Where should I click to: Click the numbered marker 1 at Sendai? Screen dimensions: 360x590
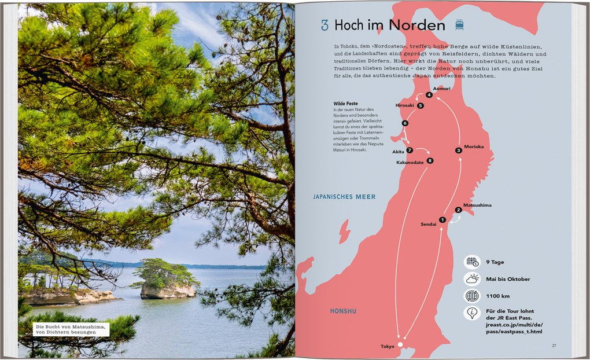tap(442, 219)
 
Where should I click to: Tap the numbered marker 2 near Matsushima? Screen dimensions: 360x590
tap(458, 210)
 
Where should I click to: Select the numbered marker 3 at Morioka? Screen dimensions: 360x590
tap(458, 150)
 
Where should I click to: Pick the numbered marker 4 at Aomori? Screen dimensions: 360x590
tap(429, 95)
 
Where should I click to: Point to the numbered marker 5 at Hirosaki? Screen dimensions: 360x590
tap(421, 106)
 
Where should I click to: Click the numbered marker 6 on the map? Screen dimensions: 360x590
tap(405, 123)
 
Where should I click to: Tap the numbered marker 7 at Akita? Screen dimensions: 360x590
tap(410, 150)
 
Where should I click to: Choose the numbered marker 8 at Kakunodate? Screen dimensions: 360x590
tap(430, 161)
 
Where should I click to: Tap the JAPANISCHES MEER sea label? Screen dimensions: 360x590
tap(344, 197)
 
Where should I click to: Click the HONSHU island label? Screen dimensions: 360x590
tap(343, 311)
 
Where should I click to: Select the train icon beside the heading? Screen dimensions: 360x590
tap(459, 25)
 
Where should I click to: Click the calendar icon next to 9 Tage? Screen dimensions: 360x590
tap(472, 262)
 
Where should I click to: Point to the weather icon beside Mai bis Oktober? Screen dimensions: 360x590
tap(472, 279)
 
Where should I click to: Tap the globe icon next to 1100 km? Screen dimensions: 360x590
tap(472, 296)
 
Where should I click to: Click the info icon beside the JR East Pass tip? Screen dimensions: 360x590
tap(472, 313)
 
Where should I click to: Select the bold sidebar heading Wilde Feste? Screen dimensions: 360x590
tap(345, 104)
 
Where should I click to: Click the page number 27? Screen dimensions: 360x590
tap(554, 346)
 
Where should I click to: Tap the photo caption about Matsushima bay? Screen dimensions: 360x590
tap(71, 330)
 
